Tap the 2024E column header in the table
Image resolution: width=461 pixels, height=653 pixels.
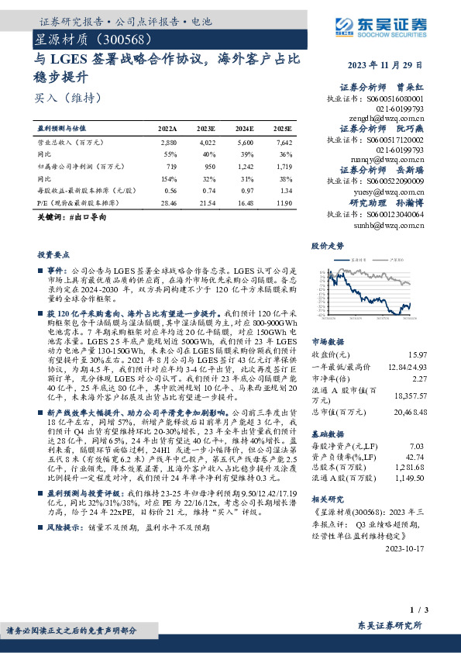[x=246, y=129]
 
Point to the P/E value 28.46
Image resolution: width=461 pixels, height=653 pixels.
[x=168, y=201]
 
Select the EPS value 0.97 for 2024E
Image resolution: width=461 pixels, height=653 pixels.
[x=246, y=189]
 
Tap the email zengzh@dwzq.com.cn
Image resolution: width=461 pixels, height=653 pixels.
[x=387, y=118]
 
